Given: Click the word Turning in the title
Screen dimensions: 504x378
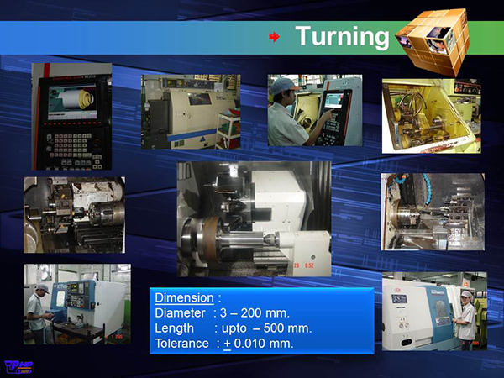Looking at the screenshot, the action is point(342,37).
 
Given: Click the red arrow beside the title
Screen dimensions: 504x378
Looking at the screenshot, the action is point(274,37).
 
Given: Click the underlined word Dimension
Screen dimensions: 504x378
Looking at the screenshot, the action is point(184,297).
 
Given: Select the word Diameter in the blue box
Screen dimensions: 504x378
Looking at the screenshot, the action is point(180,312).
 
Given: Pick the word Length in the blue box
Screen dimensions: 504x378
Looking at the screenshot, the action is point(174,328).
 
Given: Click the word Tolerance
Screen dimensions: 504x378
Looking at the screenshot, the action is point(181,344).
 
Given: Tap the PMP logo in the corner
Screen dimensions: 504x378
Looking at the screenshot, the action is point(18,367).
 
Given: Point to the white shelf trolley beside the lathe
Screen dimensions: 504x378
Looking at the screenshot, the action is point(228,130).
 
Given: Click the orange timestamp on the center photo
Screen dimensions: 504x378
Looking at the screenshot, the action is point(304,265).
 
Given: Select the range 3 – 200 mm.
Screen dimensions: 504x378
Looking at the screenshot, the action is point(255,312).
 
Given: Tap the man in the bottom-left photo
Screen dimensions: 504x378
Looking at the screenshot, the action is point(38,313).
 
